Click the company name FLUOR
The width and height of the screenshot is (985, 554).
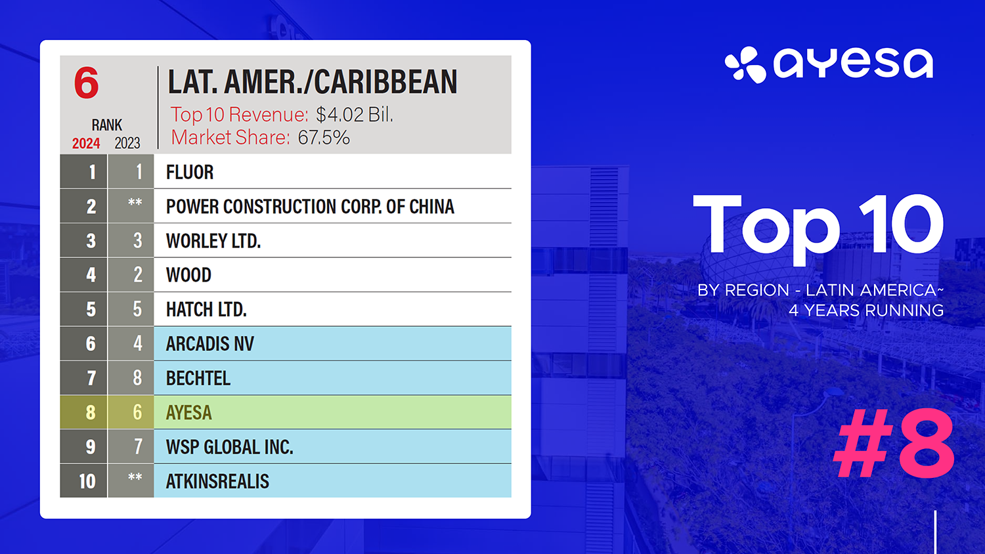[x=190, y=172]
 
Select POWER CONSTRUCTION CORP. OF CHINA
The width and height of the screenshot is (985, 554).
[x=310, y=206]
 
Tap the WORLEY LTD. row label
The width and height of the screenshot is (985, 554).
[x=213, y=240]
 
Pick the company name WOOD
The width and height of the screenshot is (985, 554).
[x=188, y=275]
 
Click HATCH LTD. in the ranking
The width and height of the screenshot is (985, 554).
[x=206, y=309]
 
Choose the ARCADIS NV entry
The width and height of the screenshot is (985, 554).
[x=209, y=343]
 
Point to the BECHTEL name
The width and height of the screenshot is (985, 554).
[x=198, y=377]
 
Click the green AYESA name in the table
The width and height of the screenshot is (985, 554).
[x=188, y=412]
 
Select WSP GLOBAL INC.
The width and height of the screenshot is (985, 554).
[x=230, y=447]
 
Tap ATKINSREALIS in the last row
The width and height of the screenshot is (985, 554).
[x=217, y=481]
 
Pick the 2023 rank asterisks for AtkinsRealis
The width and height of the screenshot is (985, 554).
[x=135, y=477]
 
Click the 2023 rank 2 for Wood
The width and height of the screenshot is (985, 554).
[x=138, y=275]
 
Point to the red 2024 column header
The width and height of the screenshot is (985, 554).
[x=86, y=143]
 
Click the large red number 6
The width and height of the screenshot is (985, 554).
[x=86, y=83]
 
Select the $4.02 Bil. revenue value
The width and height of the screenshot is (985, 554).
[x=355, y=115]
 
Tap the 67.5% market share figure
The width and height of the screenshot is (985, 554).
[x=324, y=138]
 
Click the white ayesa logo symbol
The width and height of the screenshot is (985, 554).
[x=745, y=64]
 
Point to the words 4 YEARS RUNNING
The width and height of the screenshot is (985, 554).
[x=866, y=310]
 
